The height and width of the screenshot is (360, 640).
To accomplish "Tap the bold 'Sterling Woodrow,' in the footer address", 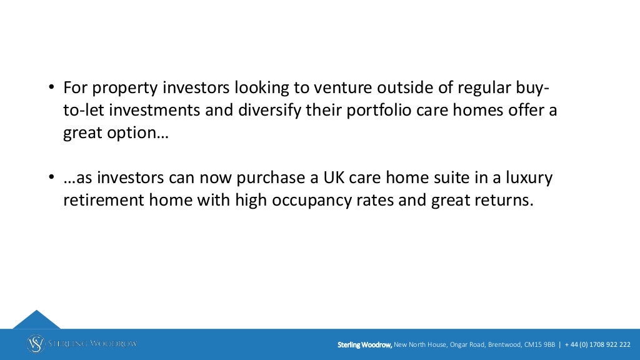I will [364, 344].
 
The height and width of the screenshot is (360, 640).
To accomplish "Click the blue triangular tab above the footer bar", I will [36, 319].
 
